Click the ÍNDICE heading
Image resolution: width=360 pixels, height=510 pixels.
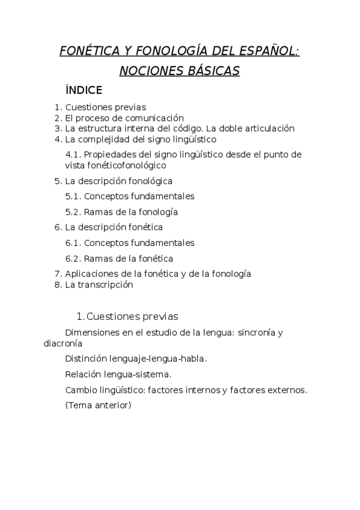[84, 90]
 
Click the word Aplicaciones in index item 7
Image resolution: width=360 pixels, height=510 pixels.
[91, 274]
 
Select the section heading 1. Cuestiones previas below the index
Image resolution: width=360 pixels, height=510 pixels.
[127, 316]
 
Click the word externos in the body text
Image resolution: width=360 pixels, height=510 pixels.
[281, 390]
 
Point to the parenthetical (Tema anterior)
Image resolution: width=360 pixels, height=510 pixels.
[98, 405]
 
